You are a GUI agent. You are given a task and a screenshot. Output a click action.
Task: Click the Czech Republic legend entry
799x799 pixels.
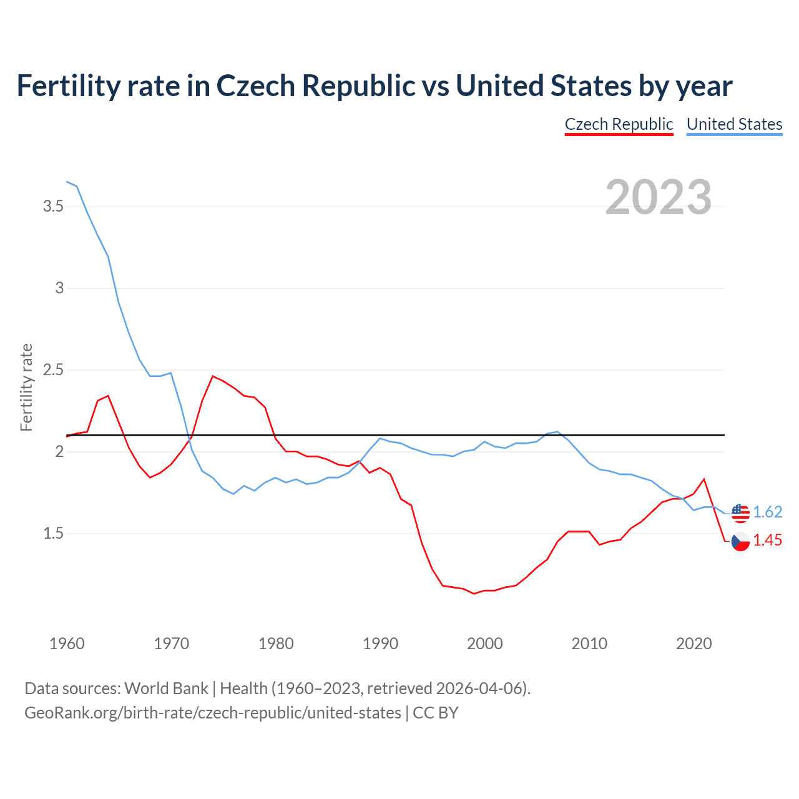coord(619,124)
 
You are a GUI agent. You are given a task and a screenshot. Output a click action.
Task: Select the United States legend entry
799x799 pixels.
coord(734,124)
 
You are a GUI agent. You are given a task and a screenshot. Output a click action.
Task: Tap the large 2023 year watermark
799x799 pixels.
coord(659,197)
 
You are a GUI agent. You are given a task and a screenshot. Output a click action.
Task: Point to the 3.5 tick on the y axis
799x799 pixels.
coord(53,206)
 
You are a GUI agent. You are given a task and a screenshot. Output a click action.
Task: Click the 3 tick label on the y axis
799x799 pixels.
coord(59,288)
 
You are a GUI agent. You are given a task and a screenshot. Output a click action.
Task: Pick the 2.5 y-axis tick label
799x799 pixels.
coord(53,370)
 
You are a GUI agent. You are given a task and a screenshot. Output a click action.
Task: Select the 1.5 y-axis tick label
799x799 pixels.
coord(53,534)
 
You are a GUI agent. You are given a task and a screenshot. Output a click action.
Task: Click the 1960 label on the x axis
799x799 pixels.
coord(67,644)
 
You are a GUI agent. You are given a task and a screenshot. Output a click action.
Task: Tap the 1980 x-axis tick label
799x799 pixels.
coord(276,644)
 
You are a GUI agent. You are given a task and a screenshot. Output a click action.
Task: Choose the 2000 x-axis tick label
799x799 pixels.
coord(484,644)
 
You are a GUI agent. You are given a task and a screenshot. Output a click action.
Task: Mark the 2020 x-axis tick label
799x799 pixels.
coord(694,644)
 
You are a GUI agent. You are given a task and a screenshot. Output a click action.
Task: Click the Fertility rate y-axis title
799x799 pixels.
coord(26,387)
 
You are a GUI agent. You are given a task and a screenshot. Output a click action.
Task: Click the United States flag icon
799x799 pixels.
coord(740,512)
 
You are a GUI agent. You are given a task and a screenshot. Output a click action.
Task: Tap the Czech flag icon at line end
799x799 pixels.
coord(740,541)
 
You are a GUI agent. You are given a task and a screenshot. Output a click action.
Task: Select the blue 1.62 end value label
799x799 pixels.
coord(767,512)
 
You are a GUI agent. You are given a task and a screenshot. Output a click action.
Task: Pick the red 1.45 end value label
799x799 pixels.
coord(767,541)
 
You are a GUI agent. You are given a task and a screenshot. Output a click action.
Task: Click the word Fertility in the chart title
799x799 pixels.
coord(67,86)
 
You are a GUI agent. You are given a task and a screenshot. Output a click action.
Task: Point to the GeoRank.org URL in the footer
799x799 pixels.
coord(213,712)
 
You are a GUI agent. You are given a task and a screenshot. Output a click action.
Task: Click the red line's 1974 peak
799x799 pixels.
coord(213,376)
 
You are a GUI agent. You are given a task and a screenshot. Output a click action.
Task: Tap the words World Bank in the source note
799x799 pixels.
coord(166,688)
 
